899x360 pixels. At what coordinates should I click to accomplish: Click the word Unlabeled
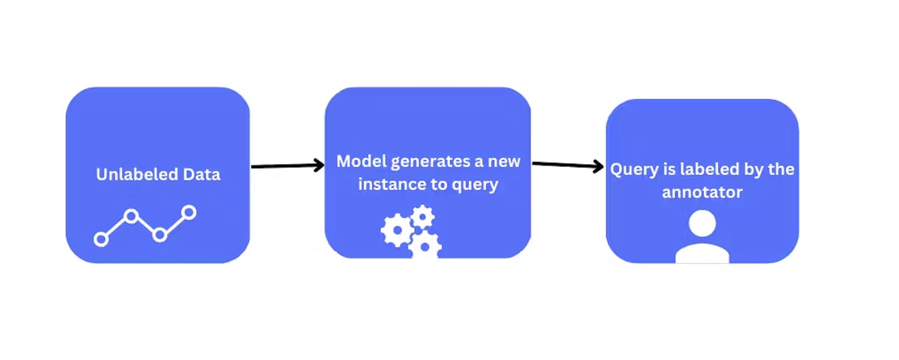(137, 174)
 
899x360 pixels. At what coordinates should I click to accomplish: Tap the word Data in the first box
(201, 174)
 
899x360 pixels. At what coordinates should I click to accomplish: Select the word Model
(361, 161)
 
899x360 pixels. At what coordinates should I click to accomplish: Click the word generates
(430, 162)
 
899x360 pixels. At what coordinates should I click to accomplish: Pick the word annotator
(702, 192)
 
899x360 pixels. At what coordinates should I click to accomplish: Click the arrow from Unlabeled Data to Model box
(288, 165)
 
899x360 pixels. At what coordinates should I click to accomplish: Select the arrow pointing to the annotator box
(568, 165)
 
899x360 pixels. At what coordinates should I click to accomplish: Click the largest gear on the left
(397, 230)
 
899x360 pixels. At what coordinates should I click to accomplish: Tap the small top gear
(423, 217)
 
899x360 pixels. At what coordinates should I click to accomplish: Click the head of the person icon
(702, 223)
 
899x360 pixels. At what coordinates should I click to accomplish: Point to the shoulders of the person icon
(702, 254)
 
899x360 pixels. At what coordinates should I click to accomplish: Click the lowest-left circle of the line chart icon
(101, 239)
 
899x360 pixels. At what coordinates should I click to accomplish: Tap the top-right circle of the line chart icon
(189, 212)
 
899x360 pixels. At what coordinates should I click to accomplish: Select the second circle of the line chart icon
(132, 216)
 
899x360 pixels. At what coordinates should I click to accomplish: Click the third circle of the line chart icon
(160, 235)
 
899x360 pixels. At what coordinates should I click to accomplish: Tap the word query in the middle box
(475, 185)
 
